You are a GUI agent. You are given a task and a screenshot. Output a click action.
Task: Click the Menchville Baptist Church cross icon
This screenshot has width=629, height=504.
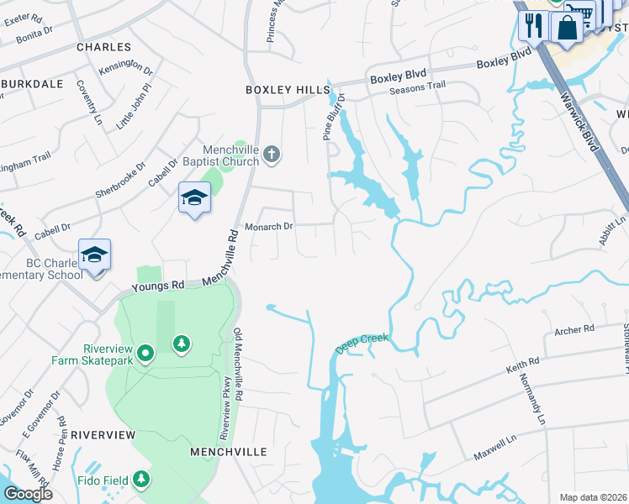[271, 154]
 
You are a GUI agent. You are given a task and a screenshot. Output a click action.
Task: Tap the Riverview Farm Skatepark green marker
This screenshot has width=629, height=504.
[145, 354]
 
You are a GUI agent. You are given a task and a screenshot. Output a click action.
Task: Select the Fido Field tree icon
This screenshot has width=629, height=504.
[142, 480]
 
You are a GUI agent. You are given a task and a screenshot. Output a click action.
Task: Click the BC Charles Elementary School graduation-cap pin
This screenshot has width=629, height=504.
[94, 255]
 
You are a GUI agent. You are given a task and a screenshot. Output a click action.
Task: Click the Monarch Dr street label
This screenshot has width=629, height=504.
[268, 227]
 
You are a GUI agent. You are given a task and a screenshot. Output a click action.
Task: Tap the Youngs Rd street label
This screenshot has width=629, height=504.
[158, 286]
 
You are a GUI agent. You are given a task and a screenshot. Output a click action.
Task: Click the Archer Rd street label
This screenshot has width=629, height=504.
[573, 329]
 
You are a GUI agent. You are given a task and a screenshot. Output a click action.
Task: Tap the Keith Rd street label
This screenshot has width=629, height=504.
[522, 366]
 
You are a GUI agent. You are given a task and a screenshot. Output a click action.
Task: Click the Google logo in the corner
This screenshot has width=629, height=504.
[28, 494]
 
